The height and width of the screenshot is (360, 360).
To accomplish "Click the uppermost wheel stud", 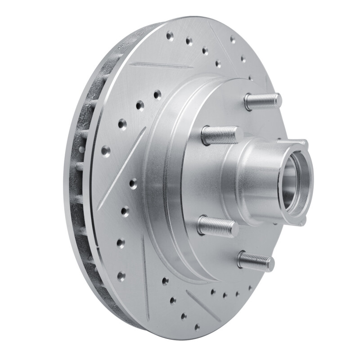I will tap(263, 99).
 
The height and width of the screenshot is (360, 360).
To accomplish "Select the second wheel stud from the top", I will tap(220, 134).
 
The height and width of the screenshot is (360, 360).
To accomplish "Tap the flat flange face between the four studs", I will tap(198, 180).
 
